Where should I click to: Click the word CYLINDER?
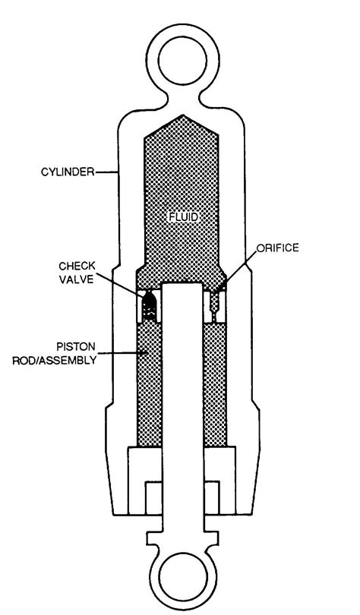point(67,172)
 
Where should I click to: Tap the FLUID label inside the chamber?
point(183,216)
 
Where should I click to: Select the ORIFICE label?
point(278,248)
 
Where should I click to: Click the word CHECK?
point(77,266)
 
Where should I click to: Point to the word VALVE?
point(77,279)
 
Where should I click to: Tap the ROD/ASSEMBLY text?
point(54,360)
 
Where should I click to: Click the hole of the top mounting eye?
point(182,61)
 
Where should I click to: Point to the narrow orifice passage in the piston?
point(214,306)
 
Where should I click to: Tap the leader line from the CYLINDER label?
point(106,172)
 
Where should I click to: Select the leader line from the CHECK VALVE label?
point(120,283)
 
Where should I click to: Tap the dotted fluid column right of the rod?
point(214,384)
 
